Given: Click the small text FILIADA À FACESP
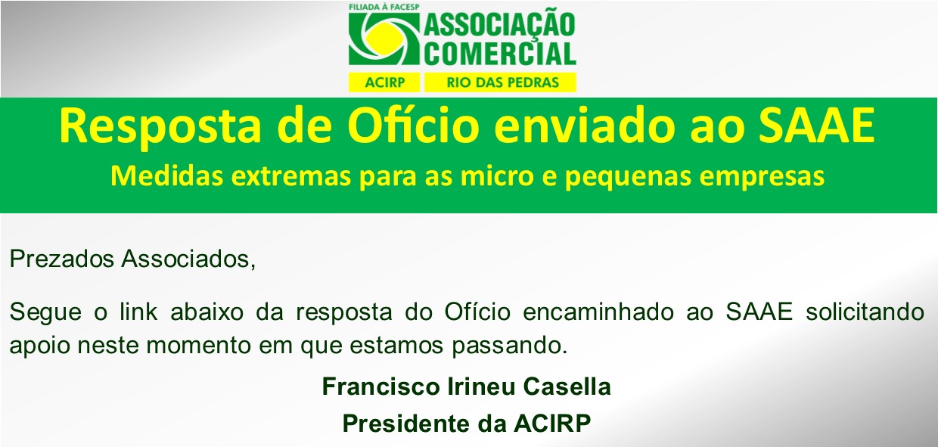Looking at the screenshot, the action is tap(384, 7).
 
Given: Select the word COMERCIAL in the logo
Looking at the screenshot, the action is tap(500, 53).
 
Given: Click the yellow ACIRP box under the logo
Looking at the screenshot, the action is tap(384, 82).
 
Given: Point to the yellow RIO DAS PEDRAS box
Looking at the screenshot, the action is tap(501, 82).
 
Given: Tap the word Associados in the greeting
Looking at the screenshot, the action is tap(188, 259).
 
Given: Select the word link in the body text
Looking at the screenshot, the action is tap(138, 312).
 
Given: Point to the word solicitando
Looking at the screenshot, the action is tap(865, 312).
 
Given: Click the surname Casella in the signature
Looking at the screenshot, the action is tap(567, 386).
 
